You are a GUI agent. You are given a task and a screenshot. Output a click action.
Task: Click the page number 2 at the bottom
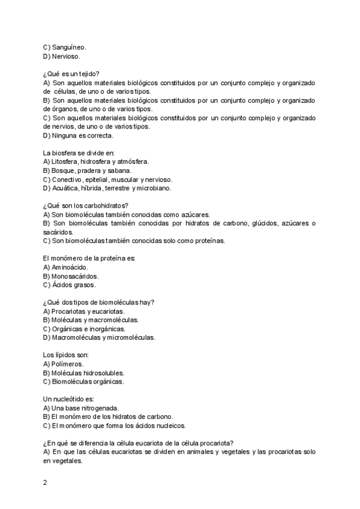click(45, 482)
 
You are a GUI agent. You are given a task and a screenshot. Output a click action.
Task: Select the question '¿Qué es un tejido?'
click(72, 74)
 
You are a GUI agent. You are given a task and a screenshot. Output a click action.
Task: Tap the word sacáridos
click(58, 232)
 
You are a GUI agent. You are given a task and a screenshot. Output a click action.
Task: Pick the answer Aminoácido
click(70, 267)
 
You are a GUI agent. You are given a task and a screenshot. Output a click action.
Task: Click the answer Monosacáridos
click(75, 276)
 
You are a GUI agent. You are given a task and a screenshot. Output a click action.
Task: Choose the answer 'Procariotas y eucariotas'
click(88, 312)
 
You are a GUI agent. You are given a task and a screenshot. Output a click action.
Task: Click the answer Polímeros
click(68, 364)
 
